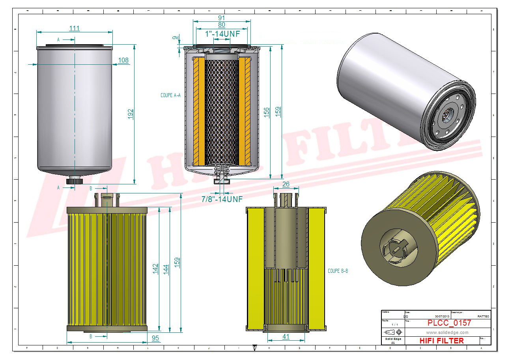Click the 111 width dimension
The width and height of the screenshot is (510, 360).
click(74, 28)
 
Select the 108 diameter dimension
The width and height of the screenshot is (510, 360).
click(123, 60)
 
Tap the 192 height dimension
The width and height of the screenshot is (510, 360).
click(130, 114)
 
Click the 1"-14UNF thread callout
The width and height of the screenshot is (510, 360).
click(222, 34)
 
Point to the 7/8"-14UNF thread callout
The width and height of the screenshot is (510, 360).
click(222, 199)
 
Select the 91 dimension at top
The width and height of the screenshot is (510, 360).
click(222, 18)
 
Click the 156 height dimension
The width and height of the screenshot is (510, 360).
click(267, 112)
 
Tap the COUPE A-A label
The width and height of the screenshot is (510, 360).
click(170, 96)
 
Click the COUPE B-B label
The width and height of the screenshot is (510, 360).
click(338, 271)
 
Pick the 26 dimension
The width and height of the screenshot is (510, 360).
click(286, 184)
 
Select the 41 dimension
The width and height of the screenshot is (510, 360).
click(286, 337)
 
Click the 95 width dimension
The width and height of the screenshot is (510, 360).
click(155, 338)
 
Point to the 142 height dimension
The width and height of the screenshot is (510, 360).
click(155, 269)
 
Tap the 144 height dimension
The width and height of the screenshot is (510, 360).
click(166, 270)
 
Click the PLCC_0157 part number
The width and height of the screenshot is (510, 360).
click(449, 323)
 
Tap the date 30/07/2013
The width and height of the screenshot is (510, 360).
click(442, 317)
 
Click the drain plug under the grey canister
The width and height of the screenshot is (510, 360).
click(74, 181)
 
